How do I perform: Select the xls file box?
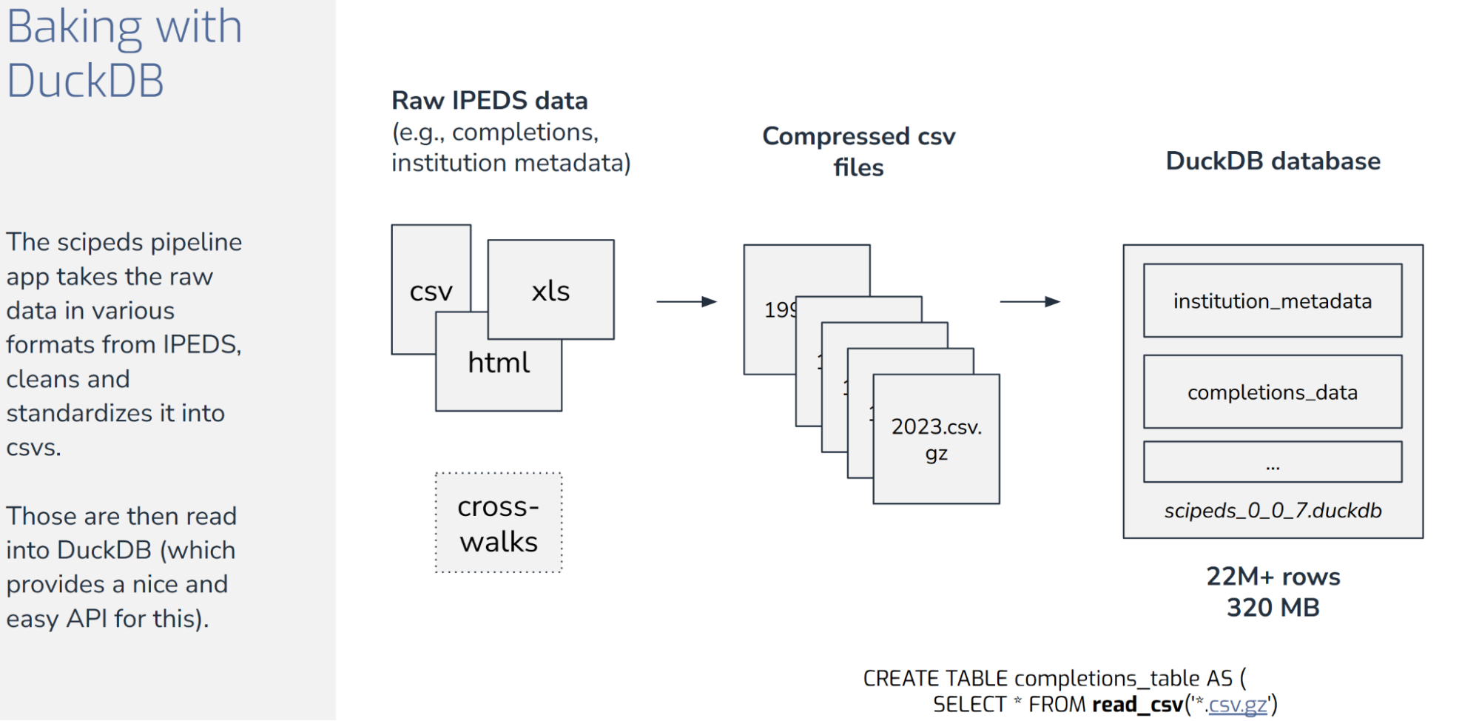550,290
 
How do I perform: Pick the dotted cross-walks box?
498,523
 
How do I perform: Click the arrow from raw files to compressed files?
686,301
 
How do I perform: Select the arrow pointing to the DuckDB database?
1029,301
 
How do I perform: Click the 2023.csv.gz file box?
936,439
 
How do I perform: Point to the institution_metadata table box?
1272,301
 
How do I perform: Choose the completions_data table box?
1272,392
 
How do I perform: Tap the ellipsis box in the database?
1272,462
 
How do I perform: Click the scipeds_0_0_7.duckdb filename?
1273,511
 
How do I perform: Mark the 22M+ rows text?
1273,576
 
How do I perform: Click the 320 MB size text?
1273,608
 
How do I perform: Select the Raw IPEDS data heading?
489,100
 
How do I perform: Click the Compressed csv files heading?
858,151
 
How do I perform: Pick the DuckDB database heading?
1273,161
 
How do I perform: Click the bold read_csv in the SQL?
1137,704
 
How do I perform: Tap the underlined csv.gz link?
1238,704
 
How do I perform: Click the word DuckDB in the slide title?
85,80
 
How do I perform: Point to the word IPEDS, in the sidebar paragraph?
200,344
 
